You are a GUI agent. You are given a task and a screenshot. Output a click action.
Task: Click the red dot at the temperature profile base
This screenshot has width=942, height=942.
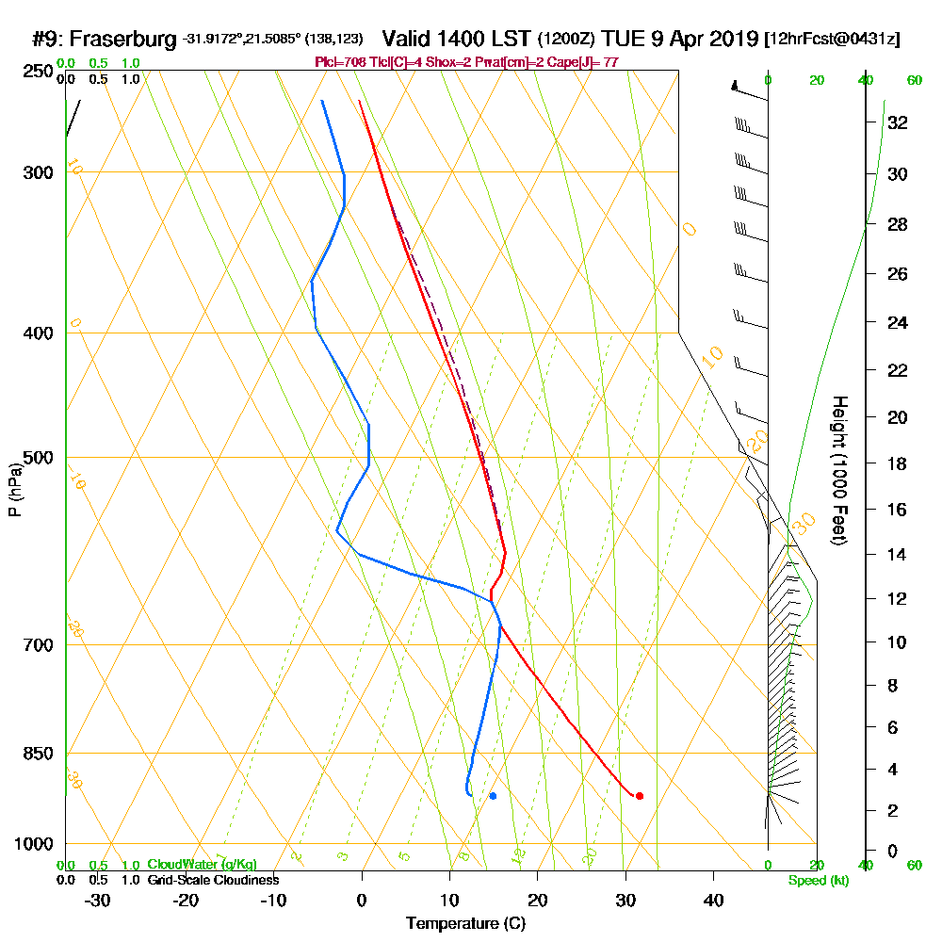click(x=640, y=796)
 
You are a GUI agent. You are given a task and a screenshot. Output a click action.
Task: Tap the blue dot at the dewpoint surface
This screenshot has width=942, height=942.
click(x=493, y=796)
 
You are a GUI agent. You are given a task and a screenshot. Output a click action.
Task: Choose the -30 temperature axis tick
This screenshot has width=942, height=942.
click(x=98, y=901)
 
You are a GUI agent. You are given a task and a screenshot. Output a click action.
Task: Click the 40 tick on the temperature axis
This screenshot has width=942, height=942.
click(x=713, y=901)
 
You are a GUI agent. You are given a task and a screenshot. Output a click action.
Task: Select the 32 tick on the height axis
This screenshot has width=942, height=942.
click(x=897, y=122)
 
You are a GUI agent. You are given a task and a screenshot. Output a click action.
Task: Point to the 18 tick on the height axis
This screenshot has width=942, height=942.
click(x=897, y=463)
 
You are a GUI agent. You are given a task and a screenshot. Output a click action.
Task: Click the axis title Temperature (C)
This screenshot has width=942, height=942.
click(x=465, y=924)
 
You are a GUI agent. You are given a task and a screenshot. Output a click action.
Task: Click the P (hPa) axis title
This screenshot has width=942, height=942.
click(x=15, y=489)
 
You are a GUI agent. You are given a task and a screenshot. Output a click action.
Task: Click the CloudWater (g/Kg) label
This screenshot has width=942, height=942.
click(x=202, y=865)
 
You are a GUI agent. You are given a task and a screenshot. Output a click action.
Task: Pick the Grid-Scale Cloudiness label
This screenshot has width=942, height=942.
click(x=213, y=880)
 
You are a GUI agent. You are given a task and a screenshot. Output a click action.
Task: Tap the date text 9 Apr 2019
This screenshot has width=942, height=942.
click(x=697, y=40)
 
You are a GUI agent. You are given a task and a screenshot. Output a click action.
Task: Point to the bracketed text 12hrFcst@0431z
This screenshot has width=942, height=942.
click(x=833, y=40)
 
